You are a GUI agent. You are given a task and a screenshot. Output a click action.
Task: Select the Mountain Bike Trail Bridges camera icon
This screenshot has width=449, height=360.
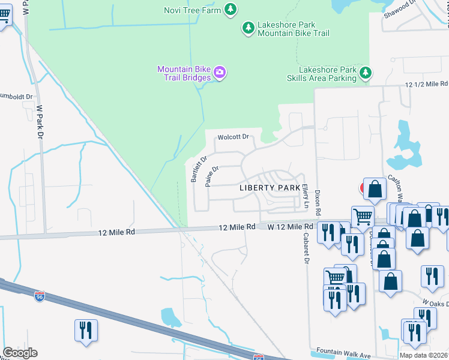pos(220,73)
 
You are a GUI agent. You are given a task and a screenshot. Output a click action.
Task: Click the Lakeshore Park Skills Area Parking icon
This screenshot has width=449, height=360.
pos(365,73)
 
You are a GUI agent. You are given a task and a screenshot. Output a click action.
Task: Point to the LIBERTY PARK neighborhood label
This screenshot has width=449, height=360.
pos(270,188)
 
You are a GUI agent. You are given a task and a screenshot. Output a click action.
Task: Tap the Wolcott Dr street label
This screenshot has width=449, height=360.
pos(234,137)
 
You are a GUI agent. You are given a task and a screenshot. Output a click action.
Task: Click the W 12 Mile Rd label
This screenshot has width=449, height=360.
pos(291,226)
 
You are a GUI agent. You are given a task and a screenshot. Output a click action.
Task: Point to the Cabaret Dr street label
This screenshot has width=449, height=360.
pos(305,250)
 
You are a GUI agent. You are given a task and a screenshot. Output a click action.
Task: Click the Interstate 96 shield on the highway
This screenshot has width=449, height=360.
pos(40,297)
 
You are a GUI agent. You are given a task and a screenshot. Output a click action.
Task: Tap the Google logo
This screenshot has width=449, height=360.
pos(20,353)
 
